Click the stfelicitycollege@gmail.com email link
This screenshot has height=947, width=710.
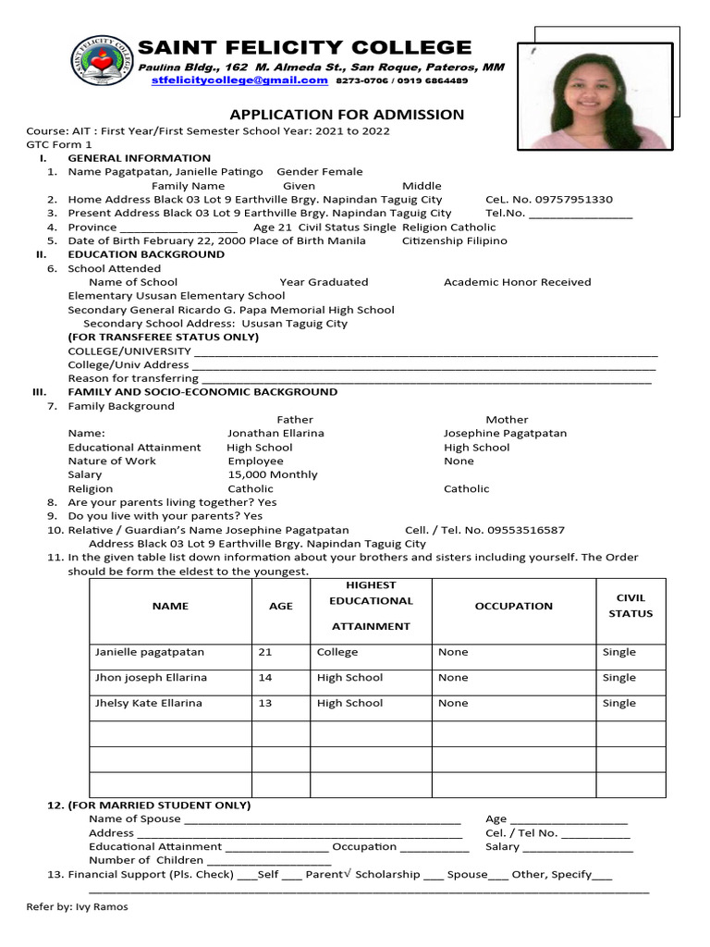(x=239, y=80)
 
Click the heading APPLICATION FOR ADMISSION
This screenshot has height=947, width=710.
(x=347, y=115)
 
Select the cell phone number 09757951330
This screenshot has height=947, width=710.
(x=573, y=200)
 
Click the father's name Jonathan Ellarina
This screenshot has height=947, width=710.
(x=275, y=433)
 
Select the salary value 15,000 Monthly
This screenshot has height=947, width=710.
(x=272, y=474)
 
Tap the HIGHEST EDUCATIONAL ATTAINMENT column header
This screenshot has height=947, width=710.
(x=371, y=606)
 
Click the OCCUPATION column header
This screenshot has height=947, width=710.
(x=513, y=606)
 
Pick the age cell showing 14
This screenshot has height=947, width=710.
(x=265, y=678)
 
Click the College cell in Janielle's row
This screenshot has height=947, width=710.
(x=337, y=652)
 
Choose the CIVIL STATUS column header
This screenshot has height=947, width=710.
(x=630, y=606)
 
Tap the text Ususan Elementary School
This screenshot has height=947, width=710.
(x=204, y=296)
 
